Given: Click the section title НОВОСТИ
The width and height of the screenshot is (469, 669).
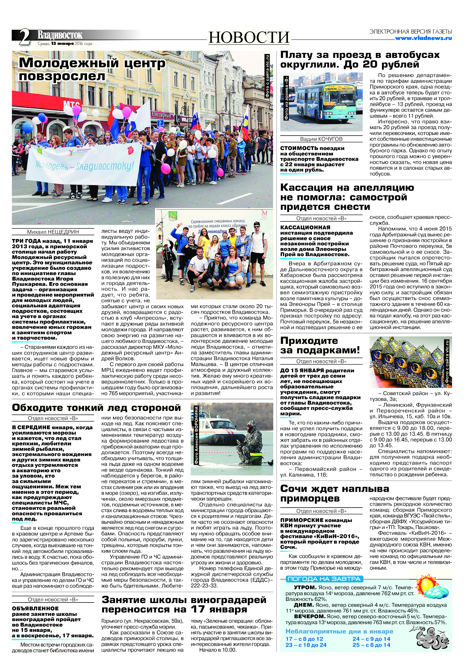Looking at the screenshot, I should [249, 38].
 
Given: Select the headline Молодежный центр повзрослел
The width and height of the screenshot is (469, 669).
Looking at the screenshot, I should [92, 69].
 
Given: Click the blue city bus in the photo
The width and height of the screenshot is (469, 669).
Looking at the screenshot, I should [326, 102].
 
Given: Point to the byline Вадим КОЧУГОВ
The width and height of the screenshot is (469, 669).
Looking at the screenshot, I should [321, 139].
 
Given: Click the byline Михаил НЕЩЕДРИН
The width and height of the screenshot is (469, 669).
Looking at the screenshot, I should [53, 232].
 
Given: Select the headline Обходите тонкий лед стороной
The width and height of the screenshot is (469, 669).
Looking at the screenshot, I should [96, 408].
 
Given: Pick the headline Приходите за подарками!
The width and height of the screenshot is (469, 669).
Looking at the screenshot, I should [320, 345].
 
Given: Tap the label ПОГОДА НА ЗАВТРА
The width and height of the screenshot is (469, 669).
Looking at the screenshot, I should [323, 579].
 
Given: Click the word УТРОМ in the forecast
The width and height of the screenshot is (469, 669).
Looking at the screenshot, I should [305, 588].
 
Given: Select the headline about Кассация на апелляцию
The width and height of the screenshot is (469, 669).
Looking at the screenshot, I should [347, 197].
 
